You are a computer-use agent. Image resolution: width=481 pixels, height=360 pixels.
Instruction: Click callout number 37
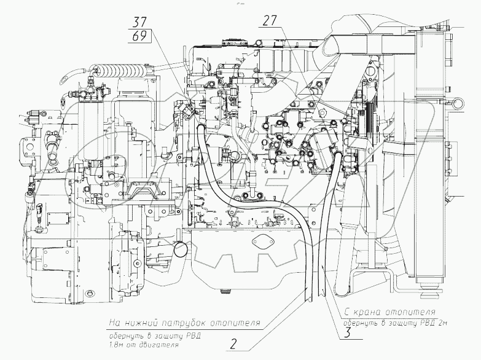[139, 22]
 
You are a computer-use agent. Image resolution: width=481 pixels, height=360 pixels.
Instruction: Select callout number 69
[139, 36]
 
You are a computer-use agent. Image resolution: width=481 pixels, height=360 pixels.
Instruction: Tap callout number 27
[270, 21]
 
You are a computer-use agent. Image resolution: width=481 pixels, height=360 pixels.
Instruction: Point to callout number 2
[233, 345]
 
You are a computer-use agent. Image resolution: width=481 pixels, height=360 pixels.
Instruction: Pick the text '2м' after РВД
[446, 323]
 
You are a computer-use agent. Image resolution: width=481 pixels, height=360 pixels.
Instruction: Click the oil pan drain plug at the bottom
[227, 290]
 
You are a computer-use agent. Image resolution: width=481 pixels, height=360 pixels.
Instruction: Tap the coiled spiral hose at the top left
[119, 71]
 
